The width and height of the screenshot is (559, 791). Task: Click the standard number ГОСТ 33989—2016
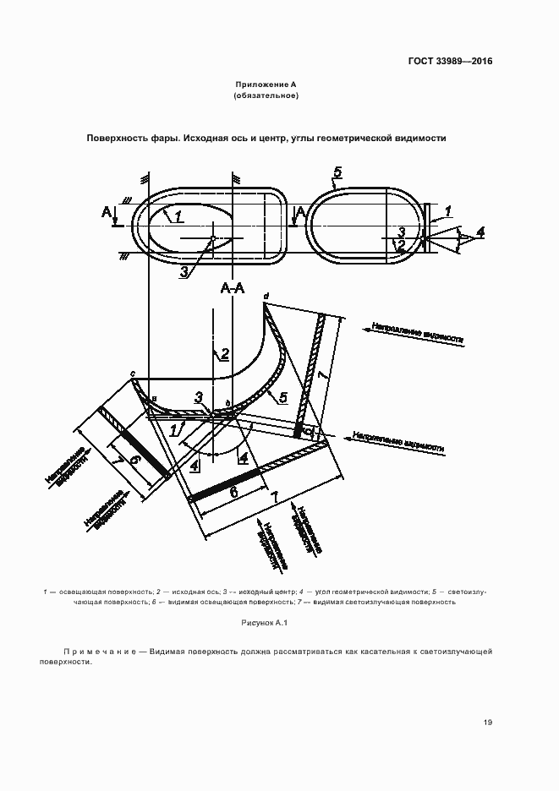coord(451,61)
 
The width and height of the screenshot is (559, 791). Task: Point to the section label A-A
coord(233,290)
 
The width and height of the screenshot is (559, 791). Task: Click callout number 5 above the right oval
coord(337,173)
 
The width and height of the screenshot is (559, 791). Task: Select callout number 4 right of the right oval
coord(480,232)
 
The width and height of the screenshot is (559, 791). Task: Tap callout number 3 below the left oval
coord(184,270)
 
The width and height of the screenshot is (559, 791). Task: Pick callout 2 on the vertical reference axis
coord(225,354)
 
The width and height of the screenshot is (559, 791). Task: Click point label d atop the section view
coord(266,296)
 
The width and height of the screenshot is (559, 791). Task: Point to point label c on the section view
coord(133,373)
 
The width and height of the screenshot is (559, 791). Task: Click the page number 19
coord(488,722)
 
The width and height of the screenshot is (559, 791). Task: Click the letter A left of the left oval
coord(106,210)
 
